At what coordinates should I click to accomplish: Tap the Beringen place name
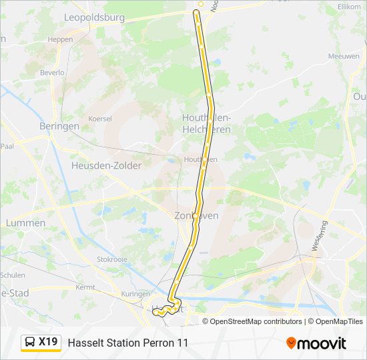(59, 125)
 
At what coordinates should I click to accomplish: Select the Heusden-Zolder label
(106, 165)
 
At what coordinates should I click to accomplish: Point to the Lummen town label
(25, 223)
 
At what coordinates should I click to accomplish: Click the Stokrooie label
(111, 259)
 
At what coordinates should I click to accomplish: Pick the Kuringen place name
(135, 294)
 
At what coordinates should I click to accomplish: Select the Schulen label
(13, 275)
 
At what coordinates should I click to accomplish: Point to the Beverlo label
(52, 72)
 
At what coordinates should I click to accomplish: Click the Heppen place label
(60, 39)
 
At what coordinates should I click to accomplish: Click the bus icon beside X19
(30, 343)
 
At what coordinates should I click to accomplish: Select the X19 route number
(48, 343)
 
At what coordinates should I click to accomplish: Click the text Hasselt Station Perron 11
(128, 343)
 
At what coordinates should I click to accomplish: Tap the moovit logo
(316, 343)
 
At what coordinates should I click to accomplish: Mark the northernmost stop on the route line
(196, 12)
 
